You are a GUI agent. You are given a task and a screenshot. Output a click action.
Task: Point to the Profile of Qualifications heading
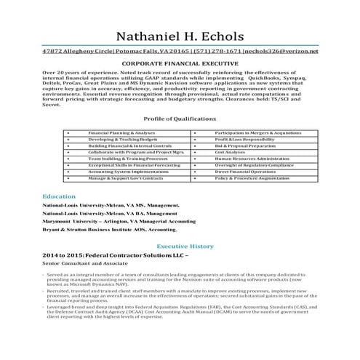click(x=180, y=118)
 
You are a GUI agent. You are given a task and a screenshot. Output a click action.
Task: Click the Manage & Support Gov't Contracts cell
click(x=126, y=178)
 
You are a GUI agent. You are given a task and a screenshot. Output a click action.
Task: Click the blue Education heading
click(x=59, y=197)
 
